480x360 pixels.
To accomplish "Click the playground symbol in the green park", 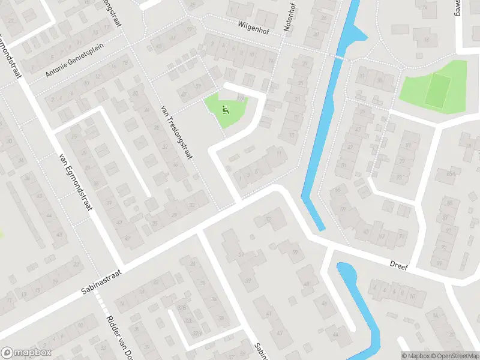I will (226, 109).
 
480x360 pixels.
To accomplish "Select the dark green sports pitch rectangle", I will (438, 89).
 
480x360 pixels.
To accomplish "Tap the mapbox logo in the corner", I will (26, 353).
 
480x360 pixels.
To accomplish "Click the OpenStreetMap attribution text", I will (454, 355).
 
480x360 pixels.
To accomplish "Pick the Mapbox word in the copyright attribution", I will (416, 355).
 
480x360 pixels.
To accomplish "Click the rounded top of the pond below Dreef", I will (345, 268).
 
